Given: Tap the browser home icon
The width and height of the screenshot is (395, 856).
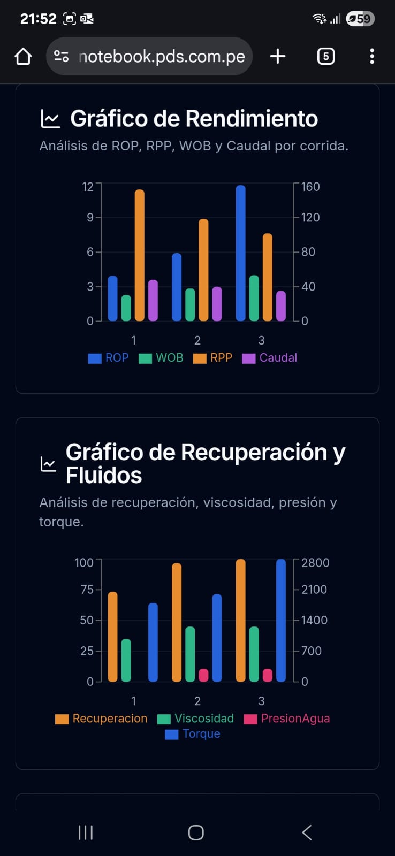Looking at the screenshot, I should (23, 56).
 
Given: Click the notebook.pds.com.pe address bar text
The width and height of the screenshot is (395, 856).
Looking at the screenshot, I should (161, 56).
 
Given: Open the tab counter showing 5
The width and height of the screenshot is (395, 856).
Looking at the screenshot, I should (325, 56).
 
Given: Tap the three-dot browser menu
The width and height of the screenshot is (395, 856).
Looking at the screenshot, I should (372, 56).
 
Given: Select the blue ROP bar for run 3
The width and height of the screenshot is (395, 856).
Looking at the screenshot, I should (241, 253).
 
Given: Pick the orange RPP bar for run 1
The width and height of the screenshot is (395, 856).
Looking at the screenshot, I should (140, 255).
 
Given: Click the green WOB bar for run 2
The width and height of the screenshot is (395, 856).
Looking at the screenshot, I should (190, 304).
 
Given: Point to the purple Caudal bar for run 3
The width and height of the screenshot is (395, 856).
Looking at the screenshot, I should (281, 306).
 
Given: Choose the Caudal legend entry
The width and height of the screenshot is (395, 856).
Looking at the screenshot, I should (270, 358).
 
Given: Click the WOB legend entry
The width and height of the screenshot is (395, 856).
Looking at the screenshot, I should (162, 358).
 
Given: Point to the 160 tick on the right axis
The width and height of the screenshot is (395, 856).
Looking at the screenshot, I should (310, 187).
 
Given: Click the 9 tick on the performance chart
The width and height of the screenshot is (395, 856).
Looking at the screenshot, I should (90, 217).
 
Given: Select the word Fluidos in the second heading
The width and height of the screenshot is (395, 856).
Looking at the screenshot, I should (104, 475).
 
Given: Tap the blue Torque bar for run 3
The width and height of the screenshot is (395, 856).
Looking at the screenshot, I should (281, 620).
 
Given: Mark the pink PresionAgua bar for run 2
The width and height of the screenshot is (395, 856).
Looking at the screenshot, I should (203, 675).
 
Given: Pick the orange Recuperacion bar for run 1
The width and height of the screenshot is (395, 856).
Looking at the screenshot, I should (113, 637).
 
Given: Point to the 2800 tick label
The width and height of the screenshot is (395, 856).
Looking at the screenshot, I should (315, 563).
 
